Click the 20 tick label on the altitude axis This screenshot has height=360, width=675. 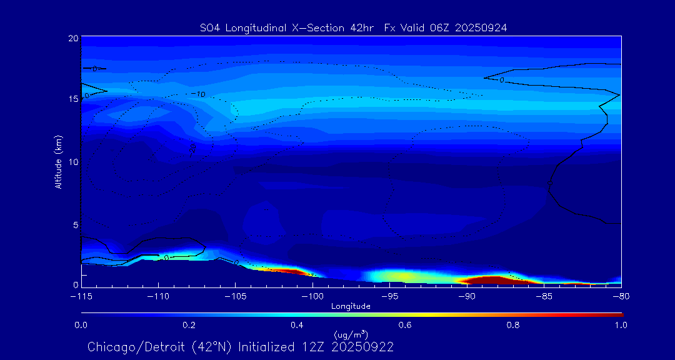72,39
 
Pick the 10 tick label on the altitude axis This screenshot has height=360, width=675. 72,162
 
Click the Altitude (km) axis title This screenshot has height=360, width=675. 58,162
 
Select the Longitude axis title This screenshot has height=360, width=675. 351,306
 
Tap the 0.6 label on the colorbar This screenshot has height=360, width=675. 405,325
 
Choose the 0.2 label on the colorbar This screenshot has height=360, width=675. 189,325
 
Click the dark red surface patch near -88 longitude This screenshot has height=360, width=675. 494,280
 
